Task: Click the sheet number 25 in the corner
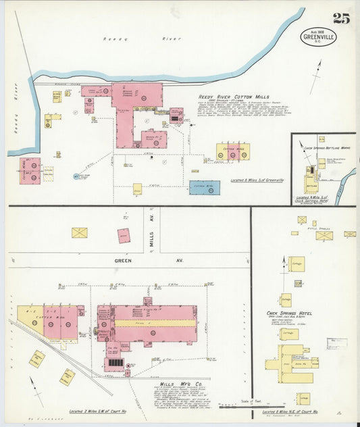click(x=341, y=18)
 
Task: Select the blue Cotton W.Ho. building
click(x=204, y=187)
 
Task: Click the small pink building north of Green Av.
click(x=124, y=236)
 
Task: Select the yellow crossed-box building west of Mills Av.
click(x=80, y=232)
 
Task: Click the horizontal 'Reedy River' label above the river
click(x=115, y=39)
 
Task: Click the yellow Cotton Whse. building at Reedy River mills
click(x=233, y=151)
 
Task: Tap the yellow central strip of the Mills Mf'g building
click(x=155, y=324)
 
